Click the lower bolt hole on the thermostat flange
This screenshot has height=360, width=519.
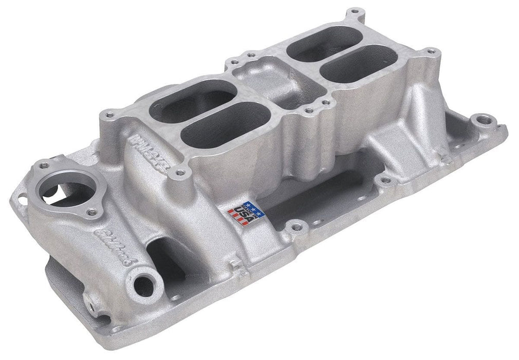click(x=92, y=211)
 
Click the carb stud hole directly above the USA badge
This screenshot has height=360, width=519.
click(x=179, y=174)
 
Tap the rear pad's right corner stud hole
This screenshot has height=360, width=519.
click(x=430, y=51)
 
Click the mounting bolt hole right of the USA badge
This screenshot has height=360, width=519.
click(x=295, y=225)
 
